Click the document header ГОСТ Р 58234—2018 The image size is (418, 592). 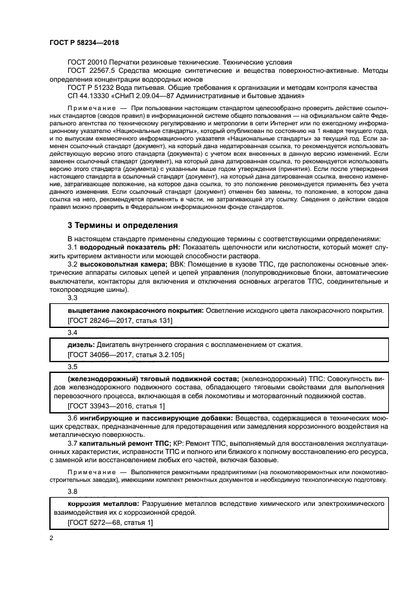[x=83, y=42]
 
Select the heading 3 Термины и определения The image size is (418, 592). [x=120, y=225]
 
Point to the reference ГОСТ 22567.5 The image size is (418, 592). [x=92, y=72]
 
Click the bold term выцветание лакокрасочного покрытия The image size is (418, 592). [x=135, y=312]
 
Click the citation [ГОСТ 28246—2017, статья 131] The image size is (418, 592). [x=120, y=321]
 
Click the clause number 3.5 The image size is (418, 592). [x=72, y=366]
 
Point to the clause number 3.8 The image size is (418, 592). [x=72, y=490]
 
